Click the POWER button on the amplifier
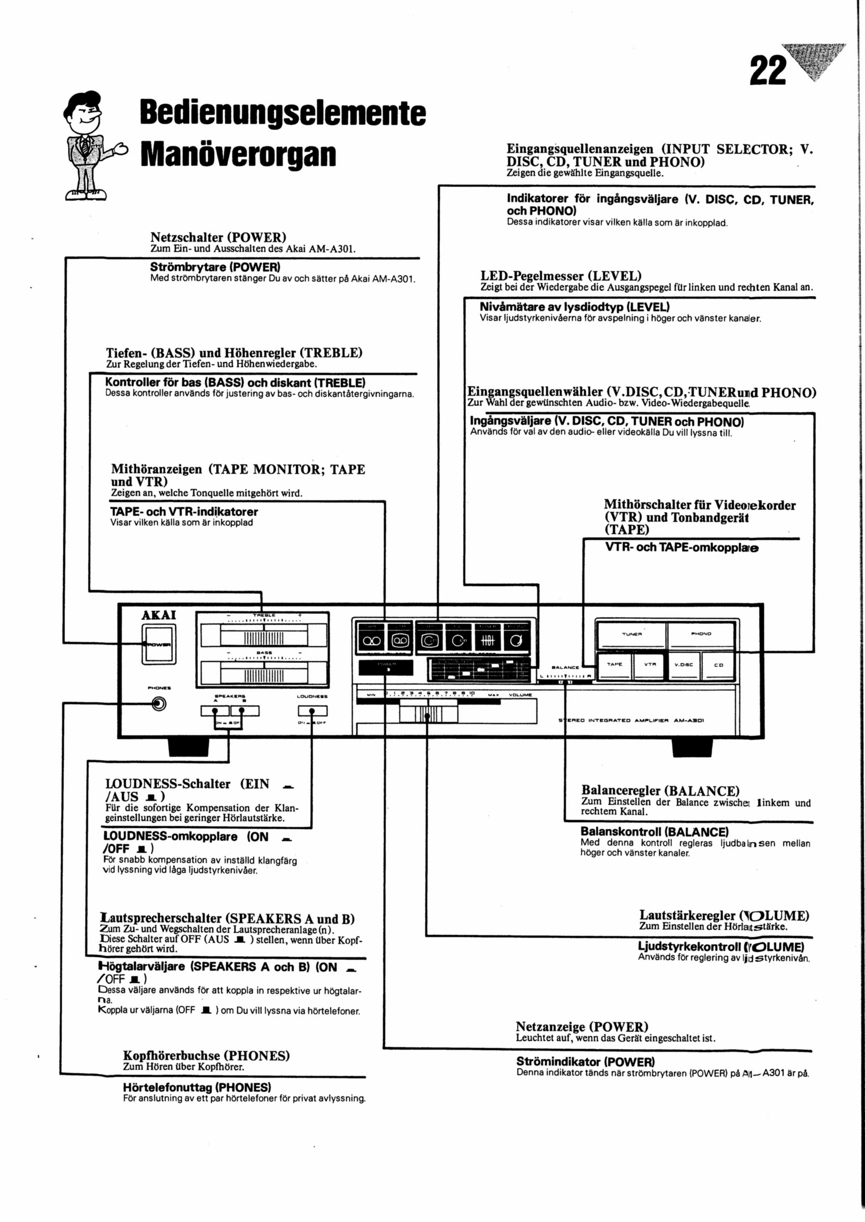point(158,644)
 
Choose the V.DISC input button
point(683,665)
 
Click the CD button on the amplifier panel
point(718,665)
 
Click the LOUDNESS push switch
point(312,711)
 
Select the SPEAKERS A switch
point(215,711)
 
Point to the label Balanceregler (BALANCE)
point(660,791)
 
